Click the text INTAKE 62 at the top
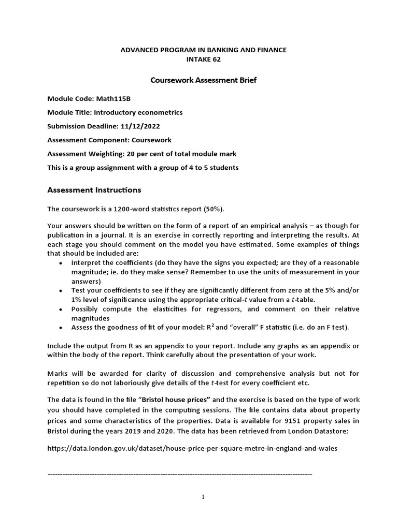[x=203, y=60]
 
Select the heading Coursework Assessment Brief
[x=203, y=80]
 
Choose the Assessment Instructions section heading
[x=94, y=190]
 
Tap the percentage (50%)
[x=214, y=209]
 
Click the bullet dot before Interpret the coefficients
[x=61, y=263]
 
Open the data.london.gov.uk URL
[x=192, y=449]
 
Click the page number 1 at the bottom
[x=203, y=497]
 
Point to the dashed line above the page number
[x=179, y=474]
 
